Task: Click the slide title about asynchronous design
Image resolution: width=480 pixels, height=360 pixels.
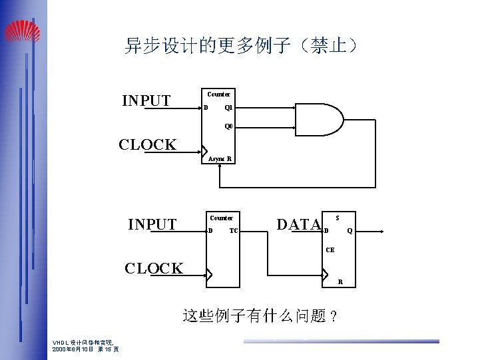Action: coord(242,46)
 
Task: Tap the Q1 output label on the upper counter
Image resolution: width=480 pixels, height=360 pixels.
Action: coord(228,107)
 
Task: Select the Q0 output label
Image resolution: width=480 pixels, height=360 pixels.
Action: coord(228,126)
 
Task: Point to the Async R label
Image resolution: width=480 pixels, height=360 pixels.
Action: coord(220,159)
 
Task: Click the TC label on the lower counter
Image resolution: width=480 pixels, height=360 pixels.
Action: coord(233,231)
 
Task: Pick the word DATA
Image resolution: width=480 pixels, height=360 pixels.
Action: coord(298,225)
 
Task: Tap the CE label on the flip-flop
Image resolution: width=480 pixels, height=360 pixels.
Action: coord(330,250)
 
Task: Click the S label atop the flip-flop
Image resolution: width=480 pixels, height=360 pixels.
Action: coord(338,218)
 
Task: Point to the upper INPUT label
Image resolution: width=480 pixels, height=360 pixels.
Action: coord(146,100)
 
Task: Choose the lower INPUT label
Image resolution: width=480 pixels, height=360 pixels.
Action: coord(152,224)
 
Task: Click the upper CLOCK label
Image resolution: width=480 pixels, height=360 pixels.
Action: coord(147,144)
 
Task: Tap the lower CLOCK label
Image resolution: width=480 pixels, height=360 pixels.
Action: coord(154,268)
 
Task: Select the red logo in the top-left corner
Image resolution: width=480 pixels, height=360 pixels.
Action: coord(22,31)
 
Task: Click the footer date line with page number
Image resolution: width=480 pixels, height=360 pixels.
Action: coord(86,349)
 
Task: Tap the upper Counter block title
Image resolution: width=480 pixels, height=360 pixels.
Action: coord(218,94)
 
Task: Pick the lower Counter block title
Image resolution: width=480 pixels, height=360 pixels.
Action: coord(221,218)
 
